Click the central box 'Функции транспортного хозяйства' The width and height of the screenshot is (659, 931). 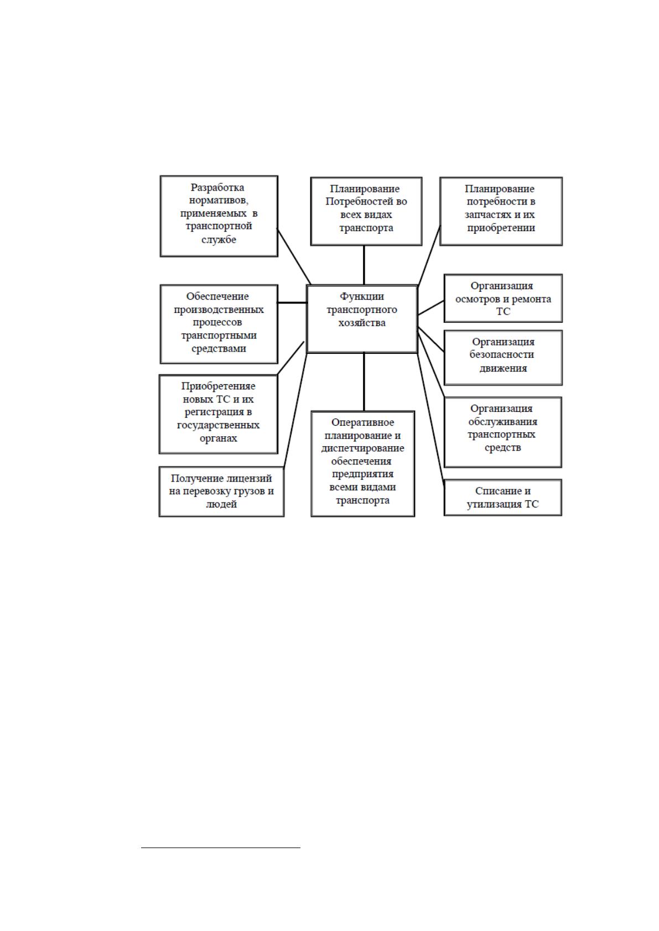point(362,319)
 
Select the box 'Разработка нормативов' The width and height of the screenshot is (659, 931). point(219,216)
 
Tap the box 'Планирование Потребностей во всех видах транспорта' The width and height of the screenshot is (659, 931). point(366,211)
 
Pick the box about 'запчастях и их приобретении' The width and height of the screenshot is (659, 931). point(501,211)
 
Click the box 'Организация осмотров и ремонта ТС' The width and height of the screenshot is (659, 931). point(503,298)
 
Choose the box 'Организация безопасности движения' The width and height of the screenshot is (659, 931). point(503,358)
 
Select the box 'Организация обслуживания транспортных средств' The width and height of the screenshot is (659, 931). point(502,432)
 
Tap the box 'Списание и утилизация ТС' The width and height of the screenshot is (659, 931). point(502,498)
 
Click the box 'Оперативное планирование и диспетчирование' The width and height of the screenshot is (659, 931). point(363,464)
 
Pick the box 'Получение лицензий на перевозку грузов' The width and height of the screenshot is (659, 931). point(221,491)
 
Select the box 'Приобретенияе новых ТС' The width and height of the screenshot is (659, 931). point(219,414)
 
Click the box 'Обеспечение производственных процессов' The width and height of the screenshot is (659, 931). point(219,324)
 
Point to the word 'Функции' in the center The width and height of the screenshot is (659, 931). point(362,296)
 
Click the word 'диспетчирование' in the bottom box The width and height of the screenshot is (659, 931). point(363,448)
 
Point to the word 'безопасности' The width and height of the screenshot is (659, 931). point(501,354)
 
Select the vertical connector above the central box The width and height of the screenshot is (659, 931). point(364,265)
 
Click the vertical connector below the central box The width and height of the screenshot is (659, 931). point(364,382)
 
